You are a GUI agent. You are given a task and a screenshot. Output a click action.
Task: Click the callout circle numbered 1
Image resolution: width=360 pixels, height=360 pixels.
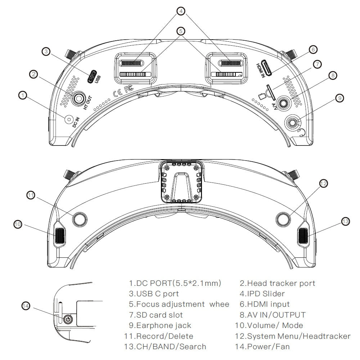tap(23, 95)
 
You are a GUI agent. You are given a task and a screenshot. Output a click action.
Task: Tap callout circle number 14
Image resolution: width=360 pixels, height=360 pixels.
tap(26, 306)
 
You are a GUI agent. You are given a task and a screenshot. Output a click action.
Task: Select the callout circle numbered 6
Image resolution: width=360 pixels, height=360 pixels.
tap(312, 49)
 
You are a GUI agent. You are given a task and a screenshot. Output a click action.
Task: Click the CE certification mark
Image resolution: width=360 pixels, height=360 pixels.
tap(117, 93)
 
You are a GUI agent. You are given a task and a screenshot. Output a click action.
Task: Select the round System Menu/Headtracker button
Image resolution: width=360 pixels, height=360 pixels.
tap(283, 219)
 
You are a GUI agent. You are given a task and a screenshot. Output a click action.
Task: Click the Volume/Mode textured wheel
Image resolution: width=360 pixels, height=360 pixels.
tap(60, 236)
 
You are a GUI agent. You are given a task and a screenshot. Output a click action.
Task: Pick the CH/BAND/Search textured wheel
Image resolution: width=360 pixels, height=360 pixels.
tap(303, 236)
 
